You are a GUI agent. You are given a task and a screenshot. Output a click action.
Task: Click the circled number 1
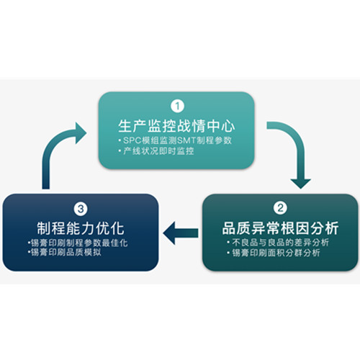(177, 106)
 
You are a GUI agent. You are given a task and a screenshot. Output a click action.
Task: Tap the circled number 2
(280, 208)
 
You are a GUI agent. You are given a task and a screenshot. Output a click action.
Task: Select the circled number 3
(81, 209)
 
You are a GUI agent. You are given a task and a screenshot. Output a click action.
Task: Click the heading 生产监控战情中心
(176, 126)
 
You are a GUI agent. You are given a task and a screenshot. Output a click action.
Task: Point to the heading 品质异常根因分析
(280, 228)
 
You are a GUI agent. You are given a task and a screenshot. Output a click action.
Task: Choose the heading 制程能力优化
(81, 228)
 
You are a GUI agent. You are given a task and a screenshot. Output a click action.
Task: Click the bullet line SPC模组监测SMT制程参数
(176, 140)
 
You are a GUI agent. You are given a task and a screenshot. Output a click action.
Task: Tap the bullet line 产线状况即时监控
(156, 151)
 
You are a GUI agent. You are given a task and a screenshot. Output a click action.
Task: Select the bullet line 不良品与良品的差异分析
(278, 243)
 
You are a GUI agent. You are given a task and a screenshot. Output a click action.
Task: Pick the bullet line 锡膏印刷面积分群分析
(274, 253)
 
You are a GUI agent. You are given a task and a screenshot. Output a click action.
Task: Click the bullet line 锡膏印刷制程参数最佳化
(78, 243)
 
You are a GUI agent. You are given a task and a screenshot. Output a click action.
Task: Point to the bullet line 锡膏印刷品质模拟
(65, 252)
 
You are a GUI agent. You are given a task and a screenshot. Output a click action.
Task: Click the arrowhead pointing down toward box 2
(300, 184)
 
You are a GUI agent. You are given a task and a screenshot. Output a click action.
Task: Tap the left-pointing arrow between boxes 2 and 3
(181, 233)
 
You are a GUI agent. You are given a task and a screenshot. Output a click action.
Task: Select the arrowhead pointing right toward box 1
(81, 133)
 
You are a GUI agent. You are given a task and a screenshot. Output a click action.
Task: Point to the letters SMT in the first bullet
(186, 140)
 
